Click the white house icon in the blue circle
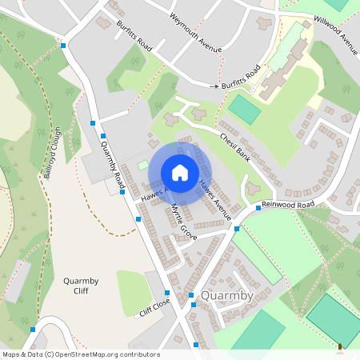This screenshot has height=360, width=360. click(x=179, y=173)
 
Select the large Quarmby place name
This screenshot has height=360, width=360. click(x=227, y=296)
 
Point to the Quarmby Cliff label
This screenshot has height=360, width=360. click(x=80, y=286)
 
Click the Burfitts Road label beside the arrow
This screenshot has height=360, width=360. click(x=242, y=78)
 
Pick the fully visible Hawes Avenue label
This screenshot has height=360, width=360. click(x=215, y=199)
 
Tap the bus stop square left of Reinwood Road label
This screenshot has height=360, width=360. click(x=258, y=208)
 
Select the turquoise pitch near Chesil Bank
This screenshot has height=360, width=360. click(x=244, y=110)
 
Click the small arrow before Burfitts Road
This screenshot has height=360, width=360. click(x=214, y=85)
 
